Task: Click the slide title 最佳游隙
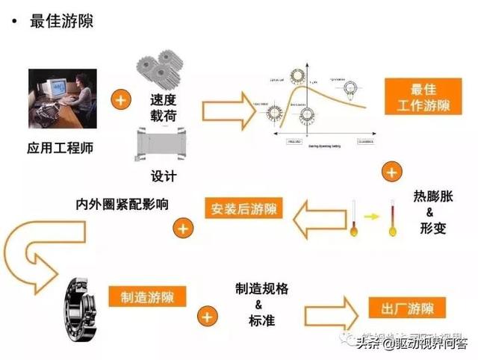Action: tap(60, 21)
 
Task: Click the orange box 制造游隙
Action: tap(147, 294)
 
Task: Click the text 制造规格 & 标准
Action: tap(258, 305)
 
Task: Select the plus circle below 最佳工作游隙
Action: tap(390, 173)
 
